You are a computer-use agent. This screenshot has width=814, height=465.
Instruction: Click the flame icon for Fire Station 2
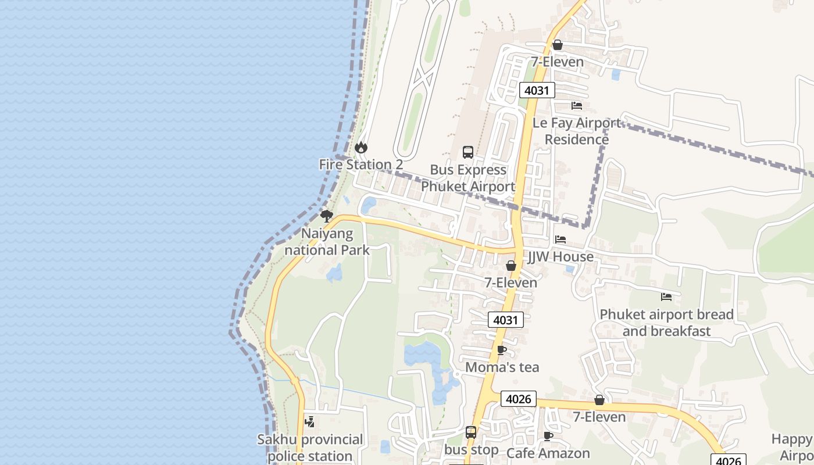[x=361, y=148]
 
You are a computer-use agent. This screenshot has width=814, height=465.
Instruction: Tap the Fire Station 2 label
[x=361, y=164]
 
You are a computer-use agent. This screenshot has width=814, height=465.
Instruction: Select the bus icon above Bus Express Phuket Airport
[x=468, y=152]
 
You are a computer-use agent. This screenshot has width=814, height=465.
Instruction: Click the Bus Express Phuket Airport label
[x=468, y=178]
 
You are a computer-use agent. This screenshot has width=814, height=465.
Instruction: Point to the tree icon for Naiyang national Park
[x=327, y=216]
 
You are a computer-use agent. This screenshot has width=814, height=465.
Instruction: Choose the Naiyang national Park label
[x=327, y=242]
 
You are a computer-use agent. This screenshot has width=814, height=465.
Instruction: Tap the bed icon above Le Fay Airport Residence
[x=577, y=106]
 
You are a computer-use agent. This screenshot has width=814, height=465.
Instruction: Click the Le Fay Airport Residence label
[x=577, y=131]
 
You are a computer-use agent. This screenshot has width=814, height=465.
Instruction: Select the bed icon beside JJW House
[x=560, y=239]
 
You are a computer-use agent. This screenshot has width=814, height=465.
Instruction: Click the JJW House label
[x=560, y=256]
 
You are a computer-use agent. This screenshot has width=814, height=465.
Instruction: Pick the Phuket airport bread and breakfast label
[x=666, y=323]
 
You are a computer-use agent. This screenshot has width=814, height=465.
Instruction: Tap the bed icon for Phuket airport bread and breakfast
[x=666, y=297]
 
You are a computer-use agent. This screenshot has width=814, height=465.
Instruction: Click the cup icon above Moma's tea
[x=502, y=350]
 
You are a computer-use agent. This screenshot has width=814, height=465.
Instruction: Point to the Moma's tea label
[x=502, y=367]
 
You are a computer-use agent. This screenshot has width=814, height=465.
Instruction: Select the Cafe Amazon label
[x=548, y=453]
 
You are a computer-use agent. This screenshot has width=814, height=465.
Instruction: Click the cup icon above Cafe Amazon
[x=548, y=436]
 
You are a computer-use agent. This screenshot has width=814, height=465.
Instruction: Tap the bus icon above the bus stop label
[x=471, y=432]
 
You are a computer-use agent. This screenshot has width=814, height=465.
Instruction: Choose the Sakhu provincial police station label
[x=310, y=448]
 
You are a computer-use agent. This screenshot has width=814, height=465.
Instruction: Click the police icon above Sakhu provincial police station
[x=310, y=422]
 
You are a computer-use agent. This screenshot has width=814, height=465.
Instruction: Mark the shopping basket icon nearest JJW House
[x=511, y=266]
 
